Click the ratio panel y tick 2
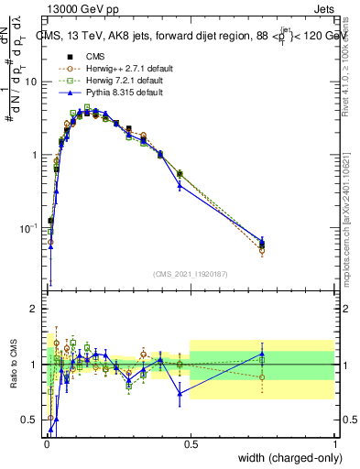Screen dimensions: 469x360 point(37,310)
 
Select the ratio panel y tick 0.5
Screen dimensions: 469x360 point(33,420)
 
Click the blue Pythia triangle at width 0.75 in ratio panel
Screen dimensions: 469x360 point(262,354)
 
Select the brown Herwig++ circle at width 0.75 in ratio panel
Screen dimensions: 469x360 point(262,377)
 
